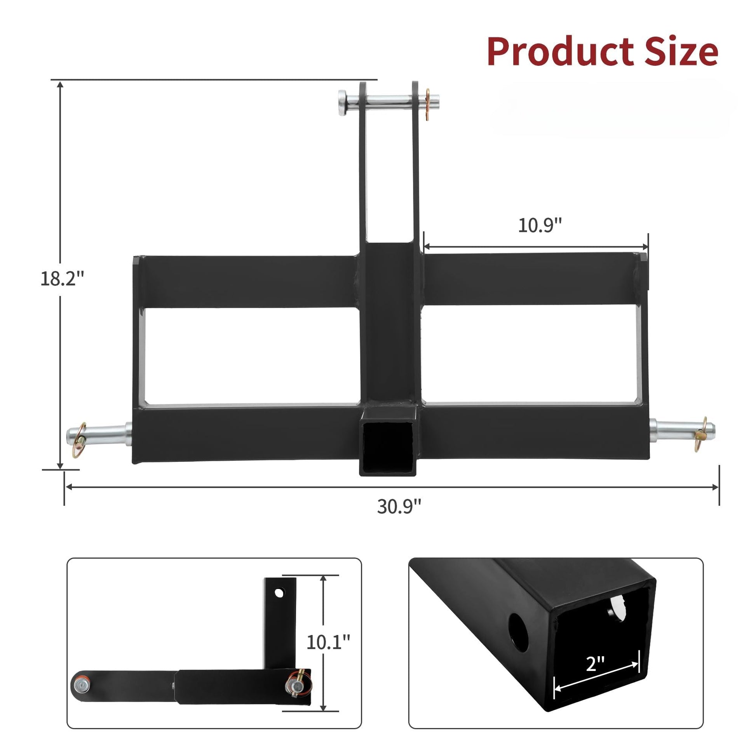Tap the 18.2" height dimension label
62,278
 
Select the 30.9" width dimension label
399,506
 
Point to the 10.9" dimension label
540,225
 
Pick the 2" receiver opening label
596,663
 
